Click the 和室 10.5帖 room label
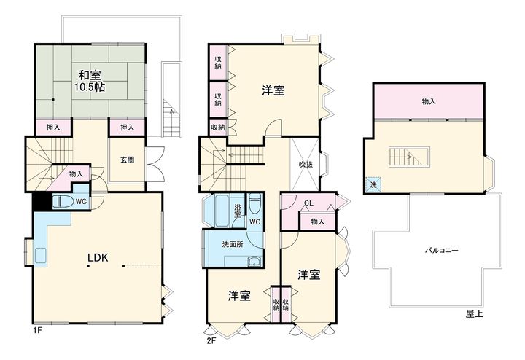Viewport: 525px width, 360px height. [90, 81]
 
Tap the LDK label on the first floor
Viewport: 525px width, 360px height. [98, 258]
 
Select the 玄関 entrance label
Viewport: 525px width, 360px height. [127, 160]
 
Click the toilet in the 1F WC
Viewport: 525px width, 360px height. [63, 201]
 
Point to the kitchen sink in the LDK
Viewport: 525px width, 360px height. [40, 255]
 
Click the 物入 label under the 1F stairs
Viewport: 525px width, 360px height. [76, 174]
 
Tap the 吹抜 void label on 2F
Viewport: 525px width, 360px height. [306, 165]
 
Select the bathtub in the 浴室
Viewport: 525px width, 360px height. [222, 211]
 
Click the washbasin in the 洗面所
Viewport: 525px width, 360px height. [255, 262]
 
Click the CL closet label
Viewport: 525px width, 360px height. [308, 203]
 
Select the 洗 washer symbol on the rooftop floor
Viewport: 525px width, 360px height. [373, 184]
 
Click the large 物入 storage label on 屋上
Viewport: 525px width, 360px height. [429, 101]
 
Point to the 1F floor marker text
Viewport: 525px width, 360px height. [37, 331]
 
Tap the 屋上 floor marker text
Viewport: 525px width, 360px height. [475, 313]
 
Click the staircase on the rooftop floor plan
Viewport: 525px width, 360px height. [410, 157]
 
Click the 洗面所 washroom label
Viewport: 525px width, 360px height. [233, 244]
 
